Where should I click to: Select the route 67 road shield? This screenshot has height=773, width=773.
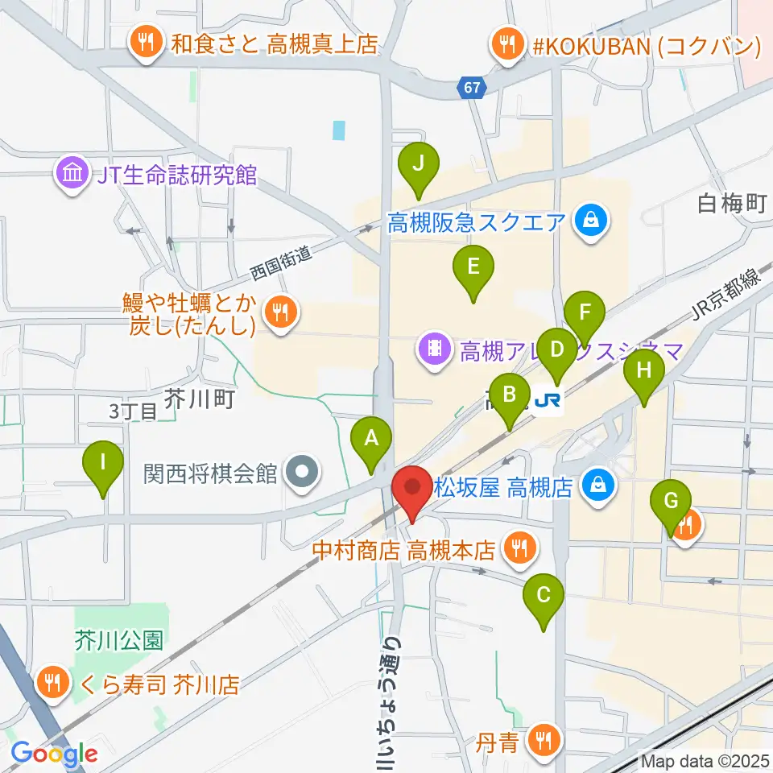coord(473,86)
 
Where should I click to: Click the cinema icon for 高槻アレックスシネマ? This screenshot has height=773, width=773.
coord(435,350)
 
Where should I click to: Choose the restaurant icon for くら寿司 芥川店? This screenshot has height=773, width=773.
coord(54,684)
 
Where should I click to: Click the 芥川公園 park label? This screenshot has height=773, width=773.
coord(118,641)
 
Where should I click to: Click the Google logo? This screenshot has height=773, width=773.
coord(54,754)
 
